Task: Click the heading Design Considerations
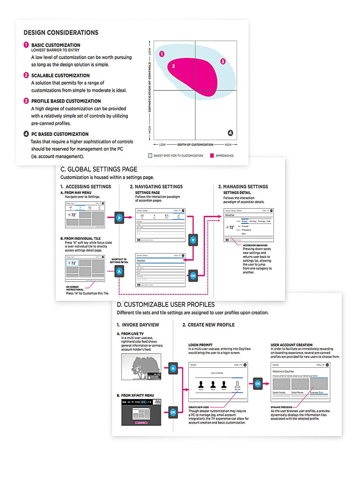click(x=61, y=33)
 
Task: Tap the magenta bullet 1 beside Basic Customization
click(x=26, y=45)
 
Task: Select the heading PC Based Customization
click(x=60, y=134)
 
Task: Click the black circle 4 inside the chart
click(x=230, y=133)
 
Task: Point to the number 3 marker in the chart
click(x=223, y=61)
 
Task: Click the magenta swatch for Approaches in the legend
click(x=212, y=156)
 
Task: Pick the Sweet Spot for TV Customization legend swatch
click(x=150, y=156)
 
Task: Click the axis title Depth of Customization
click(x=195, y=145)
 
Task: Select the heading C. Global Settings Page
click(x=99, y=169)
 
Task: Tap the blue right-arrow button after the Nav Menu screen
click(x=119, y=217)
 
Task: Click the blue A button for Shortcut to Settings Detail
click(x=119, y=271)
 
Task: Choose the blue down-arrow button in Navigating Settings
click(x=193, y=240)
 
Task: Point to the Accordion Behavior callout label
click(x=255, y=245)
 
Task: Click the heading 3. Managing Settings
click(x=243, y=187)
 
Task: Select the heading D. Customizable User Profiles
click(x=166, y=305)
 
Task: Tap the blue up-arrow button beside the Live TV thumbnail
click(x=173, y=368)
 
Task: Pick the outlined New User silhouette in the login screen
click(x=237, y=384)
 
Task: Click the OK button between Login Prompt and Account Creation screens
click(x=258, y=384)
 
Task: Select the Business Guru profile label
click(x=316, y=393)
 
